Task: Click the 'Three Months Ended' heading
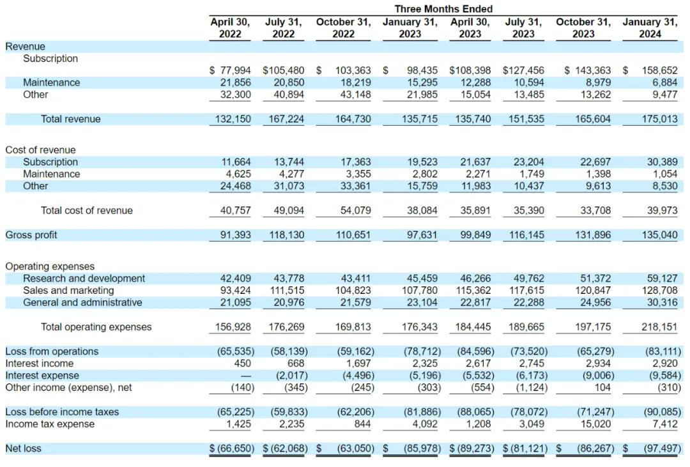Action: [x=443, y=9]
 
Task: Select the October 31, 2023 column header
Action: [x=583, y=27]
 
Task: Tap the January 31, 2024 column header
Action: [x=650, y=27]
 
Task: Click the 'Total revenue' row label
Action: [x=70, y=119]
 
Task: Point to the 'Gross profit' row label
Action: [x=31, y=235]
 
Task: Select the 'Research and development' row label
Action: [x=84, y=278]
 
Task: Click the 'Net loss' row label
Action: [x=24, y=448]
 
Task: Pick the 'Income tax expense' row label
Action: [x=50, y=424]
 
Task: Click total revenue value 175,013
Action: [x=659, y=119]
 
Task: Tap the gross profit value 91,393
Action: [x=235, y=235]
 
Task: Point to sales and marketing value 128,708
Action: [x=659, y=291]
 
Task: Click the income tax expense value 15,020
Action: [x=596, y=424]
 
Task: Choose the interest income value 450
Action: [x=243, y=364]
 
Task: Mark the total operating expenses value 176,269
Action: [x=286, y=327]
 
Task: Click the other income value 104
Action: [x=602, y=388]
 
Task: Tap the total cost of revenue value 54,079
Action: [x=356, y=210]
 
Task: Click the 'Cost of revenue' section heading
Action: [x=40, y=149]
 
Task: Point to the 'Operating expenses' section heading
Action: [x=50, y=266]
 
